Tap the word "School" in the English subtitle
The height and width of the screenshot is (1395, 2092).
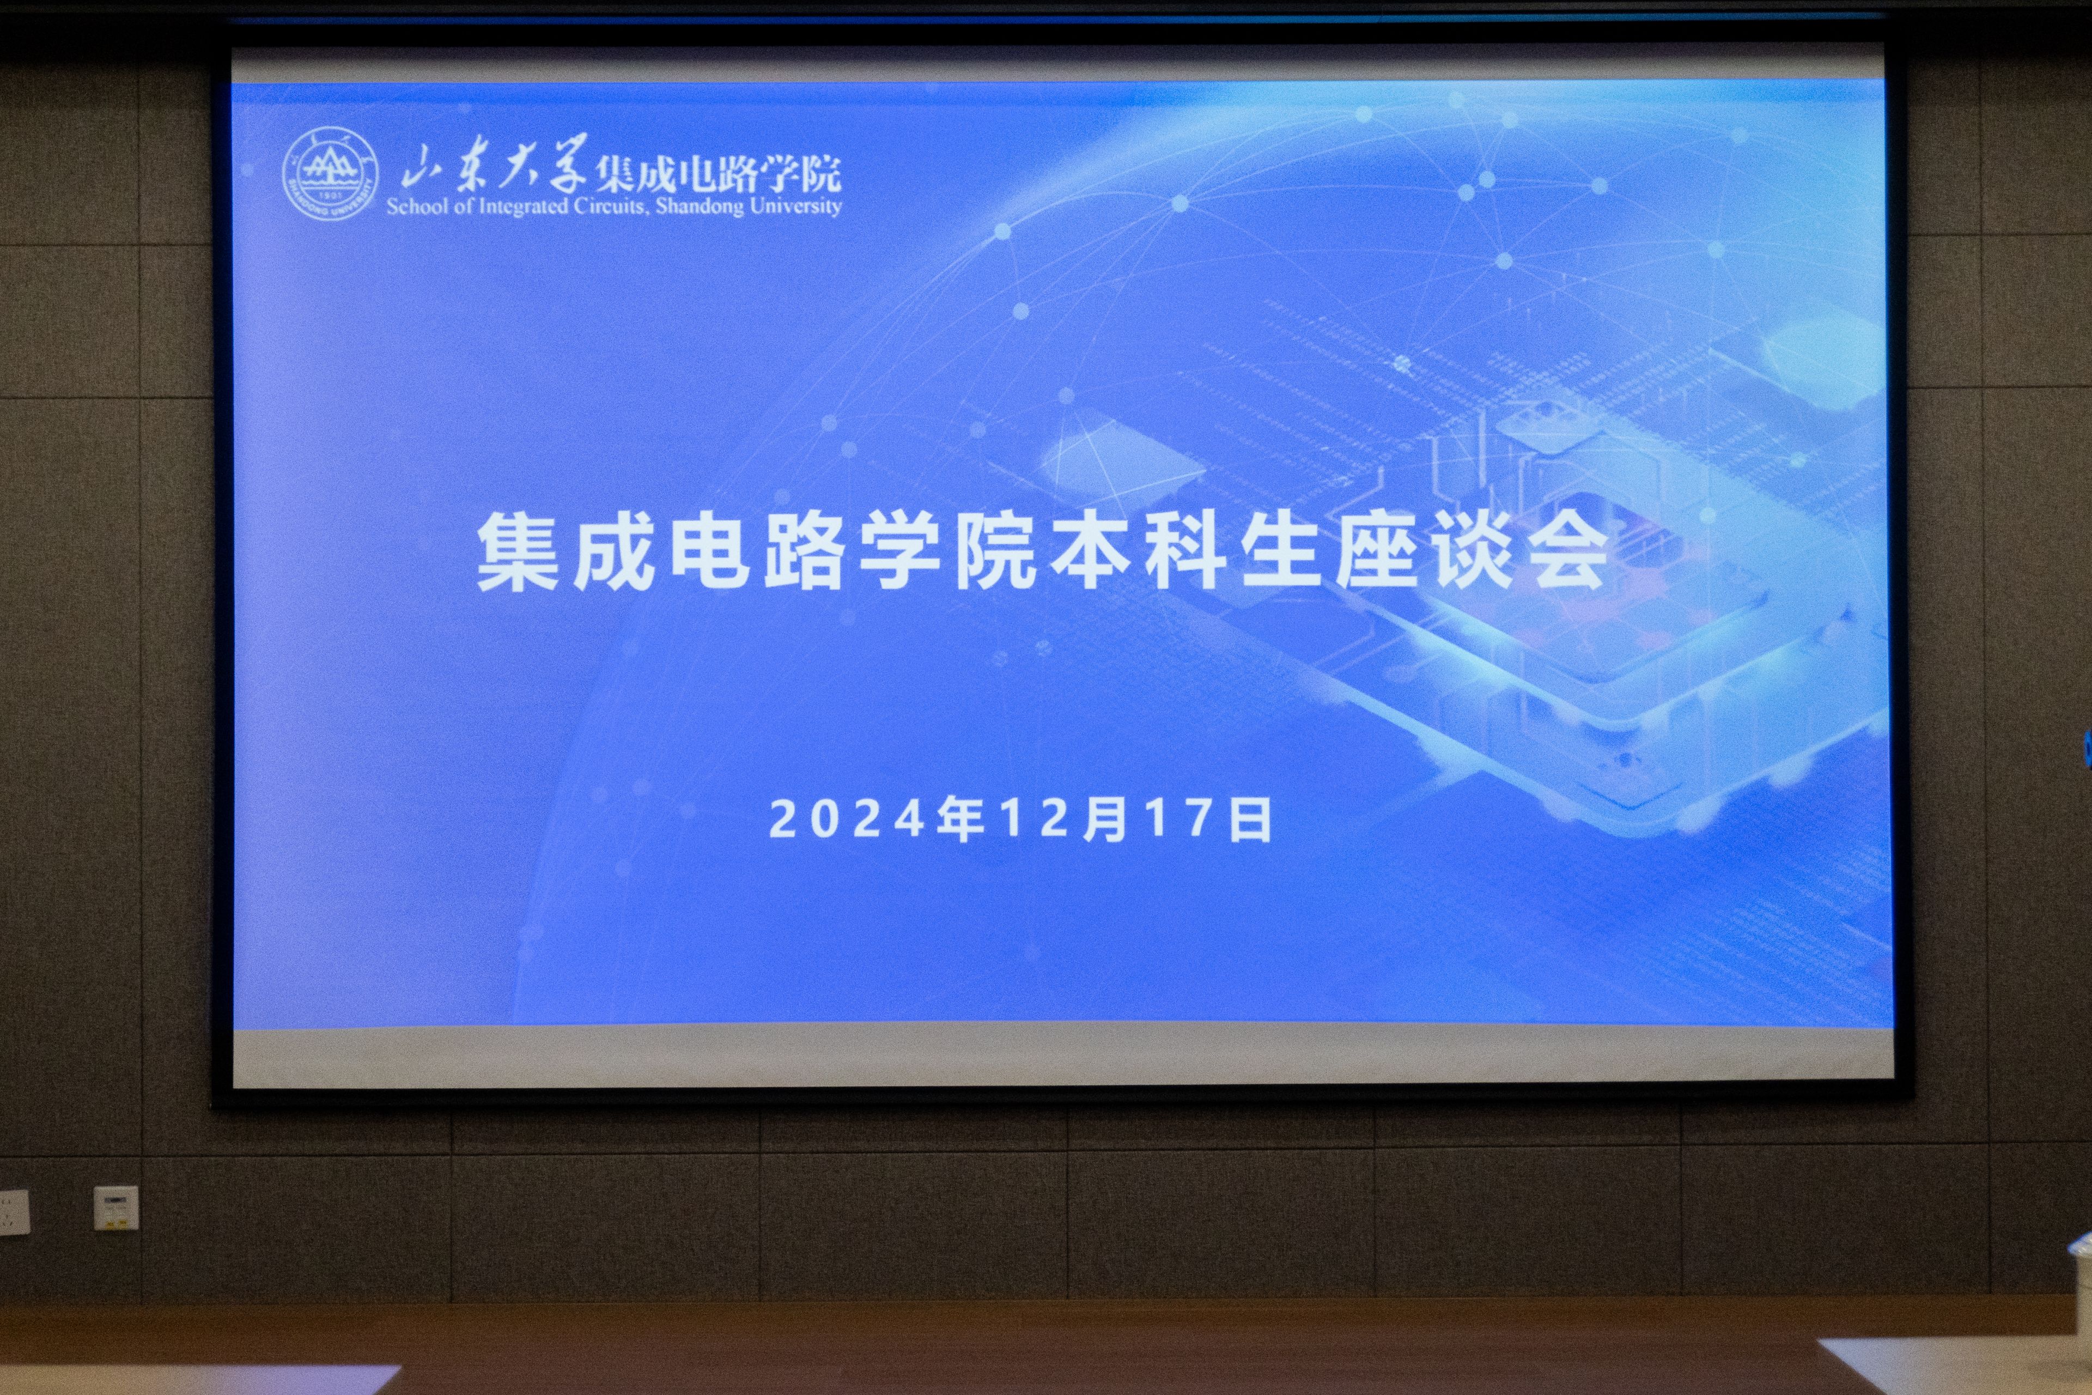[x=413, y=207]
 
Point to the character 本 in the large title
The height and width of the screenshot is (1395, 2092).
[x=1093, y=554]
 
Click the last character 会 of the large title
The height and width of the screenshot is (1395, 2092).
[x=1567, y=554]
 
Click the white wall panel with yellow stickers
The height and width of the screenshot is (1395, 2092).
[x=117, y=1208]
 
